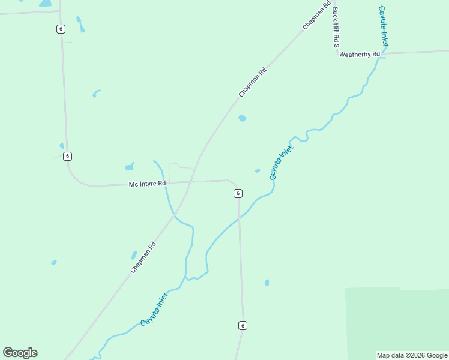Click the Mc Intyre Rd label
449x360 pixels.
147,184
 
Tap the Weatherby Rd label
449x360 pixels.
360,55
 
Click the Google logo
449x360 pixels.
20,353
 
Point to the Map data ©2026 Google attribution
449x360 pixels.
412,355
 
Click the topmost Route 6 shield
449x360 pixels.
61,29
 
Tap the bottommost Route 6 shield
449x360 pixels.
242,325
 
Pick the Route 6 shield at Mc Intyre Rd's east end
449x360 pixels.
238,193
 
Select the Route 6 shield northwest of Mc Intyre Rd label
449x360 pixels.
67,156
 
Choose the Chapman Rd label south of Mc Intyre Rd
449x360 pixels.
143,257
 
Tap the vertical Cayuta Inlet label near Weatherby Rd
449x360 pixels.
383,26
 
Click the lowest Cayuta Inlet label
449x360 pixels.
154,310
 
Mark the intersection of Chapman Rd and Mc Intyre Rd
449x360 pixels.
191,181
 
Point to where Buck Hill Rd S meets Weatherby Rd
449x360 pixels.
338,55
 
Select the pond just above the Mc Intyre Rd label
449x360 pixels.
129,167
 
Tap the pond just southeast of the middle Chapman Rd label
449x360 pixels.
242,118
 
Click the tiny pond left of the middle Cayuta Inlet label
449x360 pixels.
258,171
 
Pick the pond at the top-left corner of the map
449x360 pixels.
46,4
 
